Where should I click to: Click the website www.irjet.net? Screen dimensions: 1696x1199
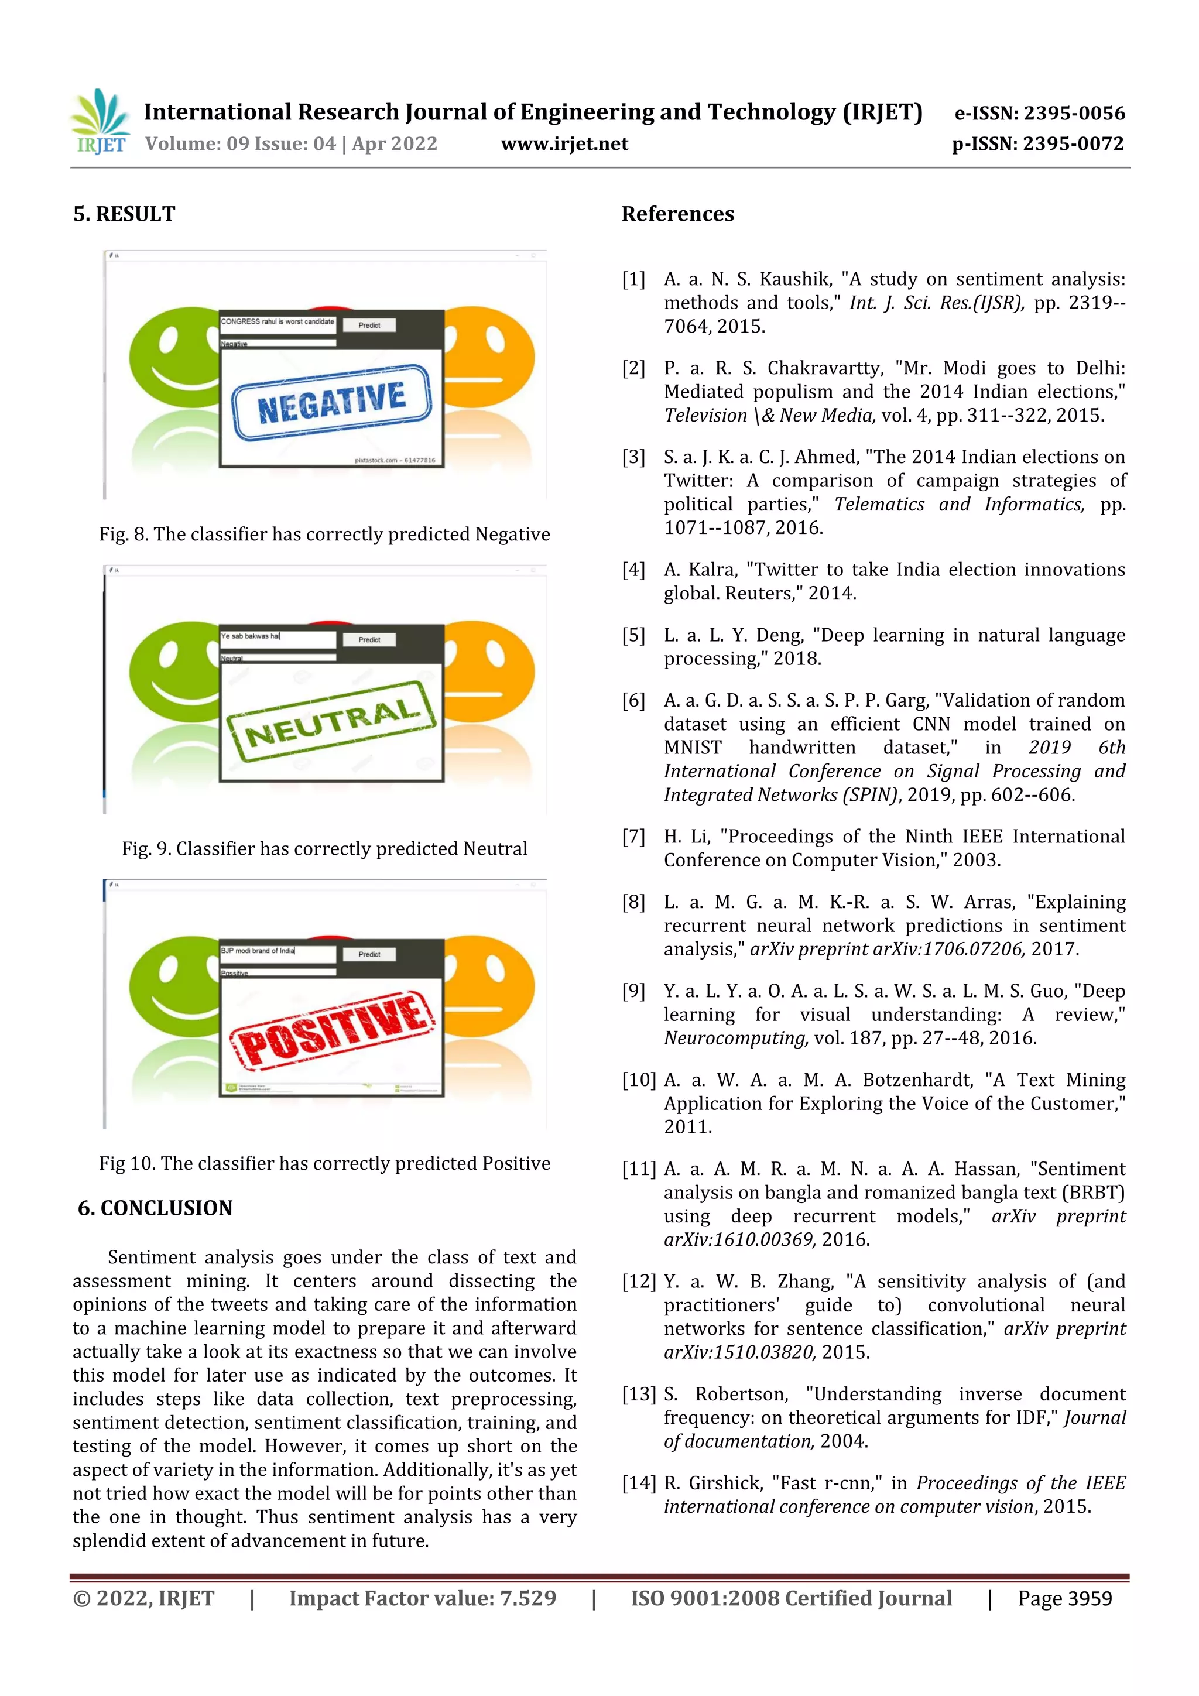[x=564, y=144]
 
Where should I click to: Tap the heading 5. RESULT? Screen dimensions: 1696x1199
[x=124, y=214]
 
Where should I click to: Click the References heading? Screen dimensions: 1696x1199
[x=677, y=214]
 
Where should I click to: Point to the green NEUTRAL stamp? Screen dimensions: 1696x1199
[x=332, y=720]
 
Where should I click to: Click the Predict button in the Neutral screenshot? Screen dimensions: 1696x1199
[x=369, y=640]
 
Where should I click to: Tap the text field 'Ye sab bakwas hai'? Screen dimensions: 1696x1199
[x=277, y=637]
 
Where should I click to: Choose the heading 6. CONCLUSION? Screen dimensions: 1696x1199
[x=155, y=1208]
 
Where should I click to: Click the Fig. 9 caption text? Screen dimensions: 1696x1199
[x=324, y=849]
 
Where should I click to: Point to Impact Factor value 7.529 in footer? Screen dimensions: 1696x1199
[x=423, y=1598]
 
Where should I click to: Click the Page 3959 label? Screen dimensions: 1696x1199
[x=1064, y=1598]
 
